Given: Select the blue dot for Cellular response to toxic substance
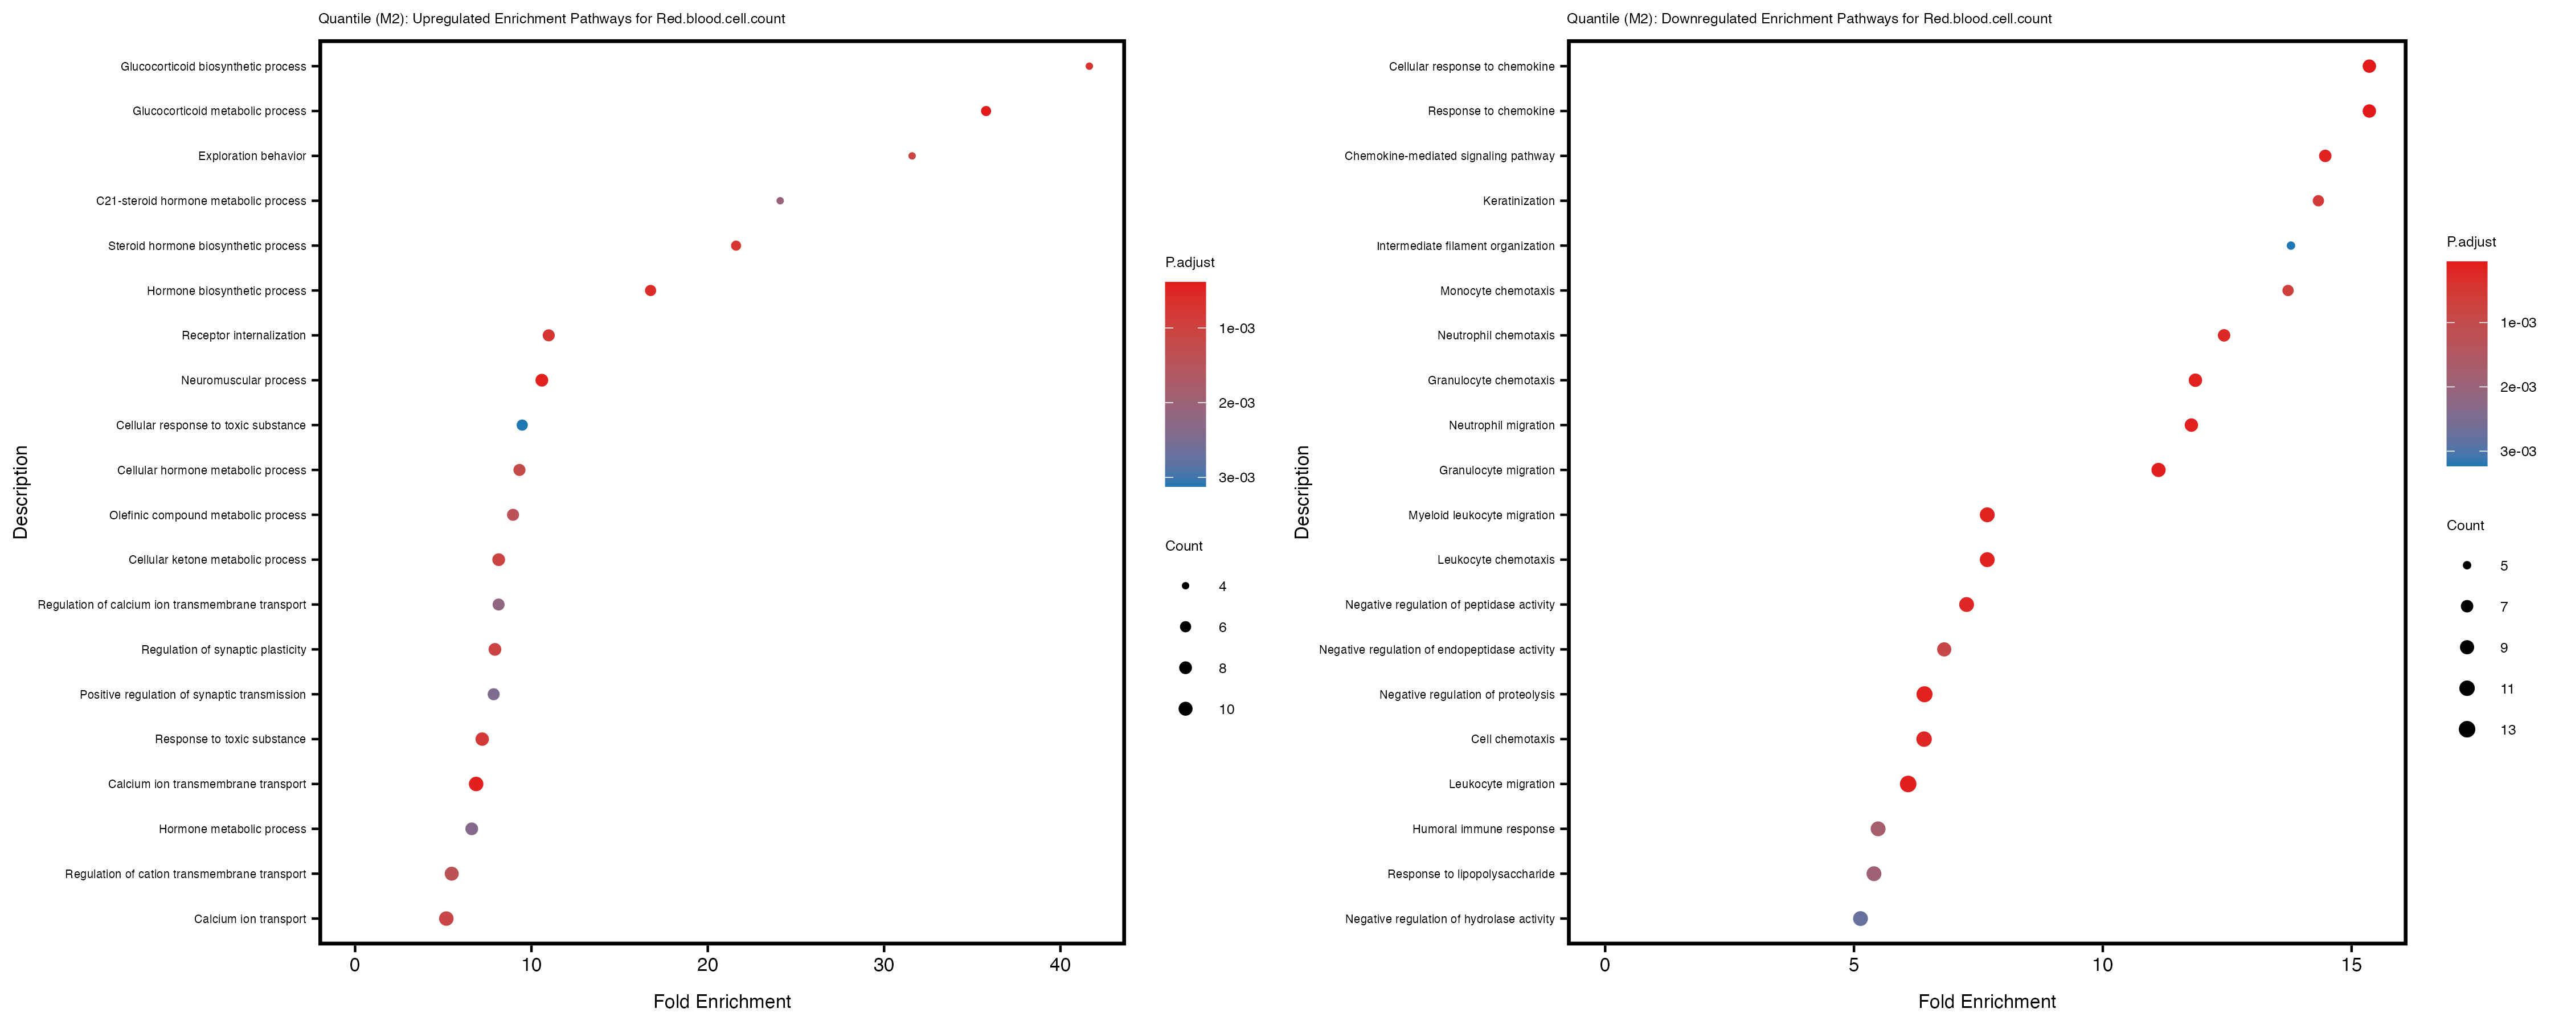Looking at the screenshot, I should point(521,425).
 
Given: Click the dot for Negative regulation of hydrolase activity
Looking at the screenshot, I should point(1860,919).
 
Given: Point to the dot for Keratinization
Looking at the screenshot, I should point(2318,201).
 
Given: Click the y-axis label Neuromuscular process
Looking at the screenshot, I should point(244,380).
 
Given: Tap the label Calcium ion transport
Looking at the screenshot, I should point(249,919).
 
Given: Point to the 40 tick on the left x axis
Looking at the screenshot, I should point(1061,964).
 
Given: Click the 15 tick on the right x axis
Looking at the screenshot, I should point(2351,964).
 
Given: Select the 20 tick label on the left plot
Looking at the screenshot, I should point(707,964).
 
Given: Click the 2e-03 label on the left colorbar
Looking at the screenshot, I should point(1236,403).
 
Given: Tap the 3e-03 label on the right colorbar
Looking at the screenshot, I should point(2517,452).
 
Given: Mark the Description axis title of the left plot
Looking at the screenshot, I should point(21,491).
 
